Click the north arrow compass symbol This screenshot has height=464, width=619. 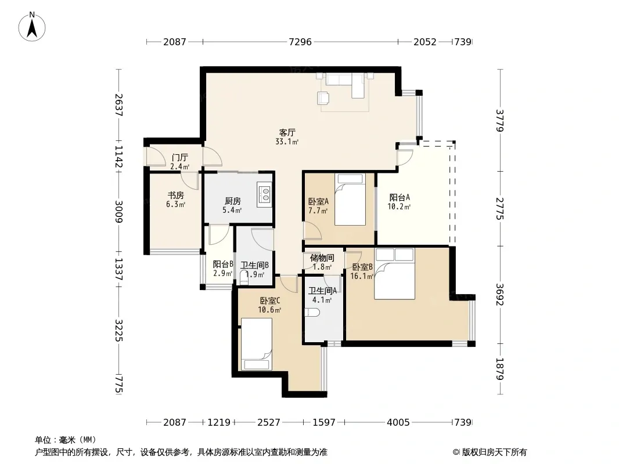coord(32,27)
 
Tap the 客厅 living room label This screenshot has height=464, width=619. coord(287,132)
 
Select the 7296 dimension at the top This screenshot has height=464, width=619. coord(300,41)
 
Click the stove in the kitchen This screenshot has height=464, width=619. coord(264,194)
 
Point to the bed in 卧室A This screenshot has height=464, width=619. coord(350,200)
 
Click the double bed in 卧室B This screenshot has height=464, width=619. coord(394,274)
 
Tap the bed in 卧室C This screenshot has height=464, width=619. coord(257,344)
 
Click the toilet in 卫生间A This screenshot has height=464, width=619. coord(312,313)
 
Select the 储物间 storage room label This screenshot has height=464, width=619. coord(322,258)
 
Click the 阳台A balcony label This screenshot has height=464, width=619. coord(400,197)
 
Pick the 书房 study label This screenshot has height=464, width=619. coord(176,195)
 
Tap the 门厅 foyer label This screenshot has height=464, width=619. coord(179,158)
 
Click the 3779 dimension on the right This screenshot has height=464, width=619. coord(500,121)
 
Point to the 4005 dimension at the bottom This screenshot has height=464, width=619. coord(398,422)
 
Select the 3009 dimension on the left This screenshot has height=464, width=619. coord(118,211)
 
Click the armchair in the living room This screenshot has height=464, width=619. coord(323,98)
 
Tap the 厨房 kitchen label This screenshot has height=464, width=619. coord(232,201)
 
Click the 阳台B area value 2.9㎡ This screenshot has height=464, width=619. coord(222,273)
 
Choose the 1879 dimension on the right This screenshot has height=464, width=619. coord(500,369)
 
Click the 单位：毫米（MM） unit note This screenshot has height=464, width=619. coord(66,440)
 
